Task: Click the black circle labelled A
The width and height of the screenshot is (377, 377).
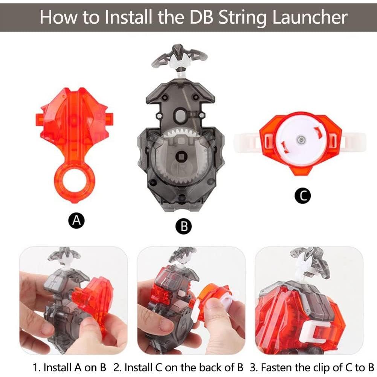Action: click(76, 220)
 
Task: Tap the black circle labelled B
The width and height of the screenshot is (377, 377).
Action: click(183, 226)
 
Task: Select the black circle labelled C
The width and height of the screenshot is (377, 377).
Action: click(302, 195)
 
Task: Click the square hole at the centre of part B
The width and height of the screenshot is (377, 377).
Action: click(181, 157)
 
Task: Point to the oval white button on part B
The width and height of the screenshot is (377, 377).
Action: click(180, 115)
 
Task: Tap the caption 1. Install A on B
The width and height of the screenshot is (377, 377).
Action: click(69, 367)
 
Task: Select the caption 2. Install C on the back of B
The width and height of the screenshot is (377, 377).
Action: click(178, 367)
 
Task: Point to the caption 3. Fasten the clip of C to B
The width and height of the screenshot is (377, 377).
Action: click(312, 367)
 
